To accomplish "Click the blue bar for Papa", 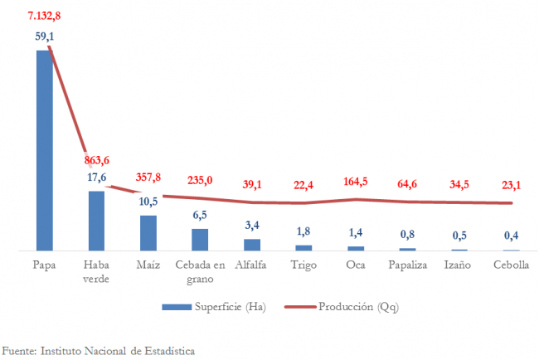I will (x=43, y=149).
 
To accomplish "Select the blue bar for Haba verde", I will (x=96, y=221).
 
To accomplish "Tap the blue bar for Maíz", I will (x=148, y=233).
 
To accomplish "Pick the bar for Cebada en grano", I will (x=200, y=239).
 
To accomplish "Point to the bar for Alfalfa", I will (x=251, y=245).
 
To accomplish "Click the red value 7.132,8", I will (x=43, y=15).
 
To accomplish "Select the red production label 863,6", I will (x=97, y=160).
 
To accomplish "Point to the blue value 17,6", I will (x=97, y=177).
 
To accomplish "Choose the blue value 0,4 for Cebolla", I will (x=512, y=236).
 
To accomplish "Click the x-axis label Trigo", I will (x=303, y=265).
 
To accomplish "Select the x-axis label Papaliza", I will (x=407, y=265).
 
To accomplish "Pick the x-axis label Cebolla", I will (x=511, y=265).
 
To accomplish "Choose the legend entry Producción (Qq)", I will (x=361, y=307).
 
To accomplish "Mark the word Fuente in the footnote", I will (x=18, y=351).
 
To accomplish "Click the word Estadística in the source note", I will (x=168, y=351).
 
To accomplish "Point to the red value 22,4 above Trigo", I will (x=304, y=185).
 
